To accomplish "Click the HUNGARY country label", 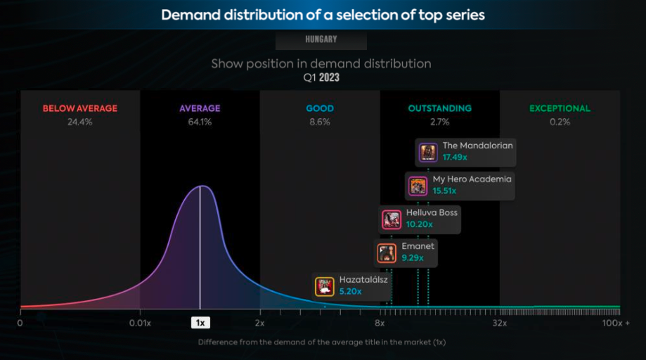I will (321, 39).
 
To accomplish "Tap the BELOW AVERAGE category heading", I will (80, 108).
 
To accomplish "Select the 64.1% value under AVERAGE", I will (200, 122).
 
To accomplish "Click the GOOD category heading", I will (320, 108).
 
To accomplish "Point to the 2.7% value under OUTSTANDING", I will (439, 122).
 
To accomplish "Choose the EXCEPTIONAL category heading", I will (560, 108).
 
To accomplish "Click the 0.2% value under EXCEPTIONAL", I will (560, 122).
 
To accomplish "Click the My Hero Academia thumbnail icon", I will (418, 186).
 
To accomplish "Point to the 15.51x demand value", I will (444, 191).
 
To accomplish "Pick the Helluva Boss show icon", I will (392, 219).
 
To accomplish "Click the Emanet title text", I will (418, 246).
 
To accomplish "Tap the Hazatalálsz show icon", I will (325, 286).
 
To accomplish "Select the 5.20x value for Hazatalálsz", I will (350, 291).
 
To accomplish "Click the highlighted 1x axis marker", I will (200, 323).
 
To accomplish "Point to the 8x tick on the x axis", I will (380, 323).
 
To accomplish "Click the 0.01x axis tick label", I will (140, 323).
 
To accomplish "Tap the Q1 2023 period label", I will (321, 77).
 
